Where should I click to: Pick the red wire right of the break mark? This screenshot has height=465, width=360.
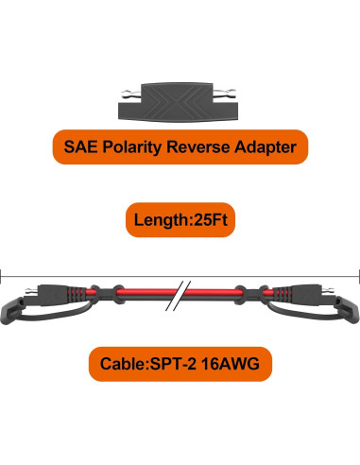coord(217,293)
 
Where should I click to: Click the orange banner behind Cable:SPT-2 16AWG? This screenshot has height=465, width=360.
coord(94,362)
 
